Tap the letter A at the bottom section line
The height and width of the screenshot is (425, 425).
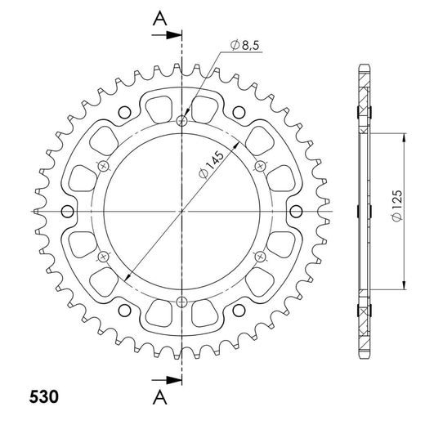point(160,398)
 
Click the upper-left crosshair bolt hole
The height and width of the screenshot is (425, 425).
point(104,166)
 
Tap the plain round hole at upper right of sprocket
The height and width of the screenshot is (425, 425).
point(238,112)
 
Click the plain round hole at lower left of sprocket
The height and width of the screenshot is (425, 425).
point(124,310)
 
